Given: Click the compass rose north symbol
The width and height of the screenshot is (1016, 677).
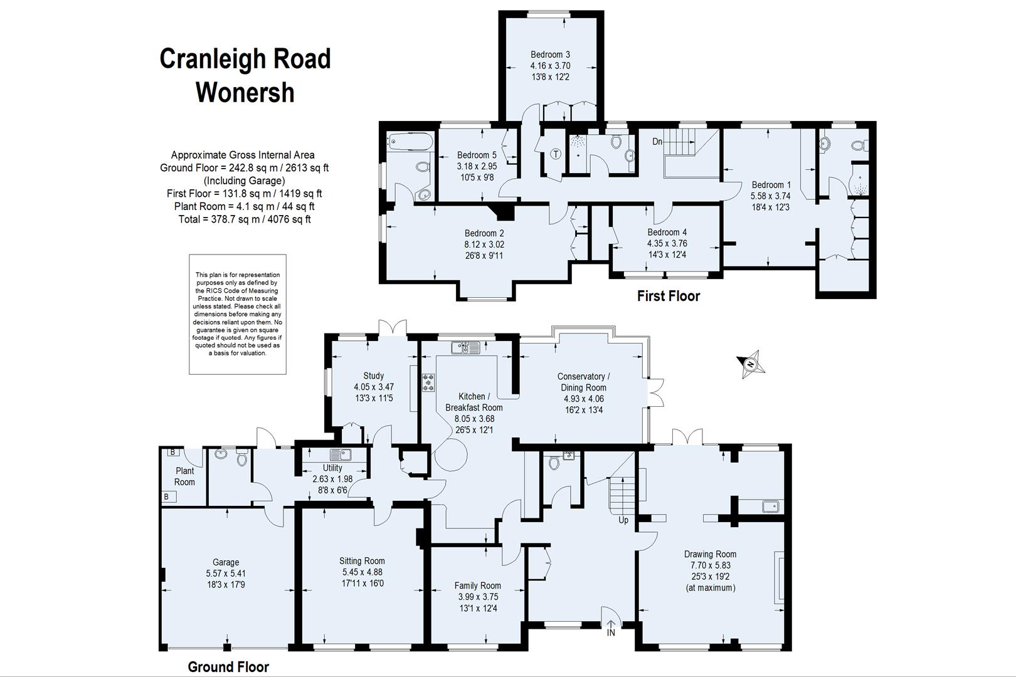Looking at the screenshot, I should pos(751,364).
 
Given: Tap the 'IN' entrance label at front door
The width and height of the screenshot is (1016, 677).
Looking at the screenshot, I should pos(611,633).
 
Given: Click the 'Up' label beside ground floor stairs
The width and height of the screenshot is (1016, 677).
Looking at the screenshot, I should pos(623,520).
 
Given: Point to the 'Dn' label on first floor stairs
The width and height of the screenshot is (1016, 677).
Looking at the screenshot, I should pos(657,142).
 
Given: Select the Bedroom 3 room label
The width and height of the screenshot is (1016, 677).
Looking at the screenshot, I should pos(550,55).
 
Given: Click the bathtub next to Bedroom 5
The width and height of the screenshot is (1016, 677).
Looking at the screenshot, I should pos(410,142).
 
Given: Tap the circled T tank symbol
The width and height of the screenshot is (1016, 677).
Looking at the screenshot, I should pos(556,154).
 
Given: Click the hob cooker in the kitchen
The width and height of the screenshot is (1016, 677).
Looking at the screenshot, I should pos(429,382).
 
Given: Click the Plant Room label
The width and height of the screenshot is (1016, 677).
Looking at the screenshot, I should pos(184,476).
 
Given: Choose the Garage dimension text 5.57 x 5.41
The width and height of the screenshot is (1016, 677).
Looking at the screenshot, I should pos(226,574).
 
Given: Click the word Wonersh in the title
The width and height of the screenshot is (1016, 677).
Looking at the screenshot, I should pos(245,92).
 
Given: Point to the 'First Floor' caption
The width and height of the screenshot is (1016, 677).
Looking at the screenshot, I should pos(668,296).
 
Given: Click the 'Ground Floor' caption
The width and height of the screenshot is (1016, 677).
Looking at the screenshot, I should pos(228,667).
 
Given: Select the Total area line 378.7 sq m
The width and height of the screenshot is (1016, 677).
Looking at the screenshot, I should pos(245,219).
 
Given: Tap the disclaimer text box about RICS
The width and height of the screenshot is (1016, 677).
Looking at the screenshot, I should pos(238,314).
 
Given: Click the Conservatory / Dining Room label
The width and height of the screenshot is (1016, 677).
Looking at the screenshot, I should pos(583,382).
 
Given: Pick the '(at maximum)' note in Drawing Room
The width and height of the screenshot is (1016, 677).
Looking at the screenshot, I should pos(710,588).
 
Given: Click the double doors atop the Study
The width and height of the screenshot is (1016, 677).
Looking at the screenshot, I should pos(393,328).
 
